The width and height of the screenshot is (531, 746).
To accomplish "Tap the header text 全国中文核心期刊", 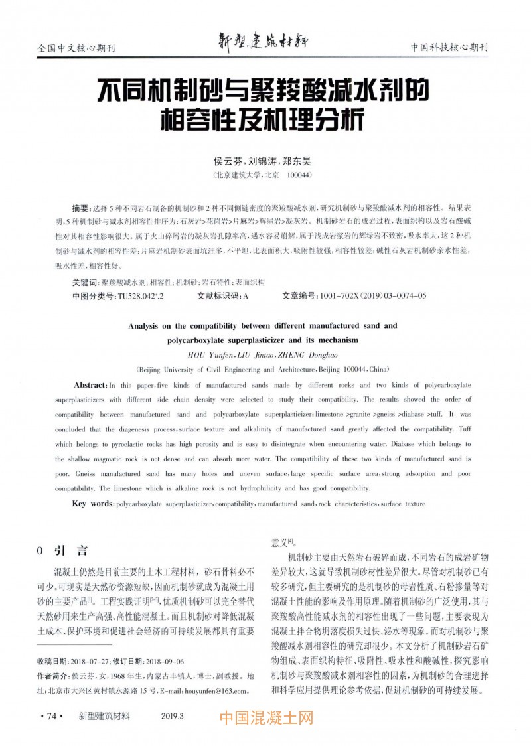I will point(76,48).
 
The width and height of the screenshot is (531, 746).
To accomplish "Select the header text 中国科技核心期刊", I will point(449,48).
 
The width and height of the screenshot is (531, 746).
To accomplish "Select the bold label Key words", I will point(93,504).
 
